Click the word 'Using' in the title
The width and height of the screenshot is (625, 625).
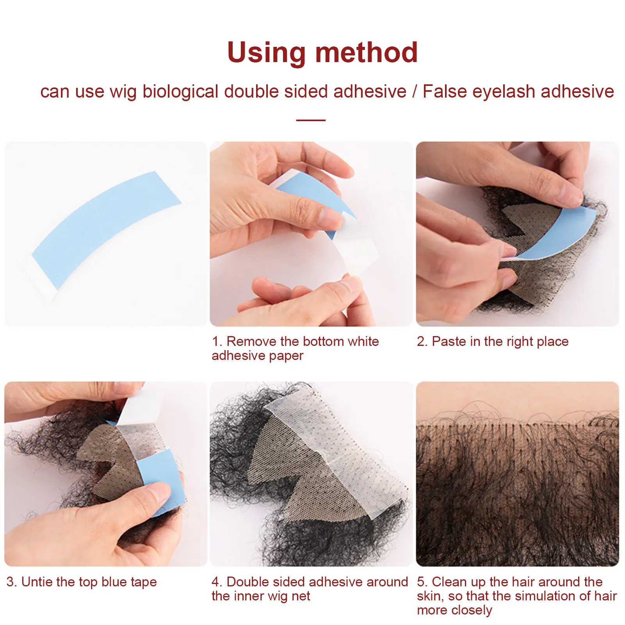(266, 53)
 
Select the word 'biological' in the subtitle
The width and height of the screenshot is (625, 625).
(180, 91)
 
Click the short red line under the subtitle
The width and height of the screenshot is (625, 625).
(311, 120)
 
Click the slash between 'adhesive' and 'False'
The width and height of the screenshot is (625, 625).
(415, 91)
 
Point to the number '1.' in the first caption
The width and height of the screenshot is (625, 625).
(217, 342)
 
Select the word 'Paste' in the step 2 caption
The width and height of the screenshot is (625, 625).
(449, 342)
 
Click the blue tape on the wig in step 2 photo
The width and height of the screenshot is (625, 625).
(562, 234)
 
